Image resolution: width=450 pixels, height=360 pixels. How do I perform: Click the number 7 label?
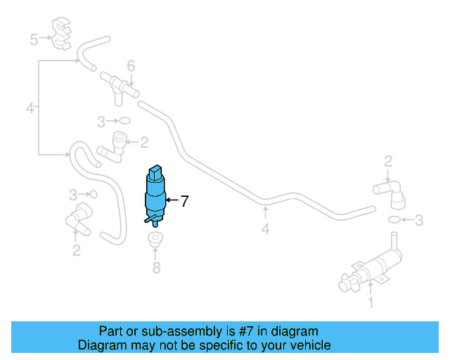coord(184,202)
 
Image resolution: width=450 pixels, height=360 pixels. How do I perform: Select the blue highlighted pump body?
coord(155,195)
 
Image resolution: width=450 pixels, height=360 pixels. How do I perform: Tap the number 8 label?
coord(156,268)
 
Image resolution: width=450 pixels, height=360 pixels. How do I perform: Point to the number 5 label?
coord(34,39)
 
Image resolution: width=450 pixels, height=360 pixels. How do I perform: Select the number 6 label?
coord(131,66)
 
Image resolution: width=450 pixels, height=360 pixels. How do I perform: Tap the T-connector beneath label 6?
coord(120,86)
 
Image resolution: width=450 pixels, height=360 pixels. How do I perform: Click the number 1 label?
coord(371,304)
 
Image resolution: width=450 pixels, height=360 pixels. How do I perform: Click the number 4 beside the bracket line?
coord(30,108)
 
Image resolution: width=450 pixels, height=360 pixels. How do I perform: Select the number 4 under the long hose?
coord(265,229)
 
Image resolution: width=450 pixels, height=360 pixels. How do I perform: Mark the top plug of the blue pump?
coord(155,172)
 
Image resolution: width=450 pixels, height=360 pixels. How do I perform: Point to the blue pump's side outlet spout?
coord(148,221)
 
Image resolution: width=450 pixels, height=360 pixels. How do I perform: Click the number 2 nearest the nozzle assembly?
coord(387,162)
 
